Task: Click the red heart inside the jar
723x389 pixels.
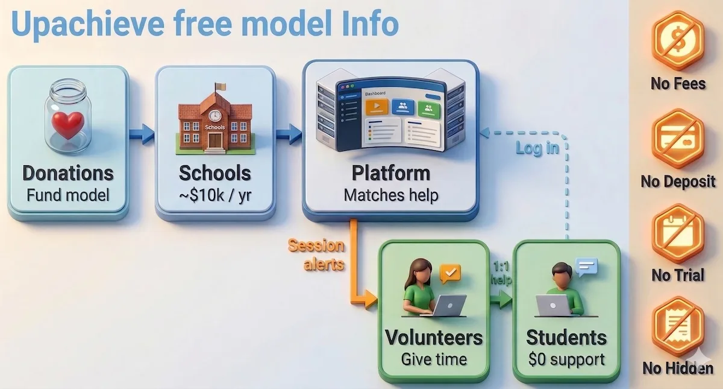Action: click(x=67, y=125)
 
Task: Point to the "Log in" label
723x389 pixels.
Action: click(x=537, y=148)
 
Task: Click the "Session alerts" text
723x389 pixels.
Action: click(x=316, y=255)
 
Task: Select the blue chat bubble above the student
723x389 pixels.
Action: click(x=586, y=266)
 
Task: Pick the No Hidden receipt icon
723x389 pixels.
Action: click(x=678, y=326)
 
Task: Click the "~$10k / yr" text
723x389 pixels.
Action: click(x=214, y=195)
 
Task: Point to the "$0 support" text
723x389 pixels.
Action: click(x=566, y=359)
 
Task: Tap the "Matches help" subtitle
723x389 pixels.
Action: click(x=391, y=195)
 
